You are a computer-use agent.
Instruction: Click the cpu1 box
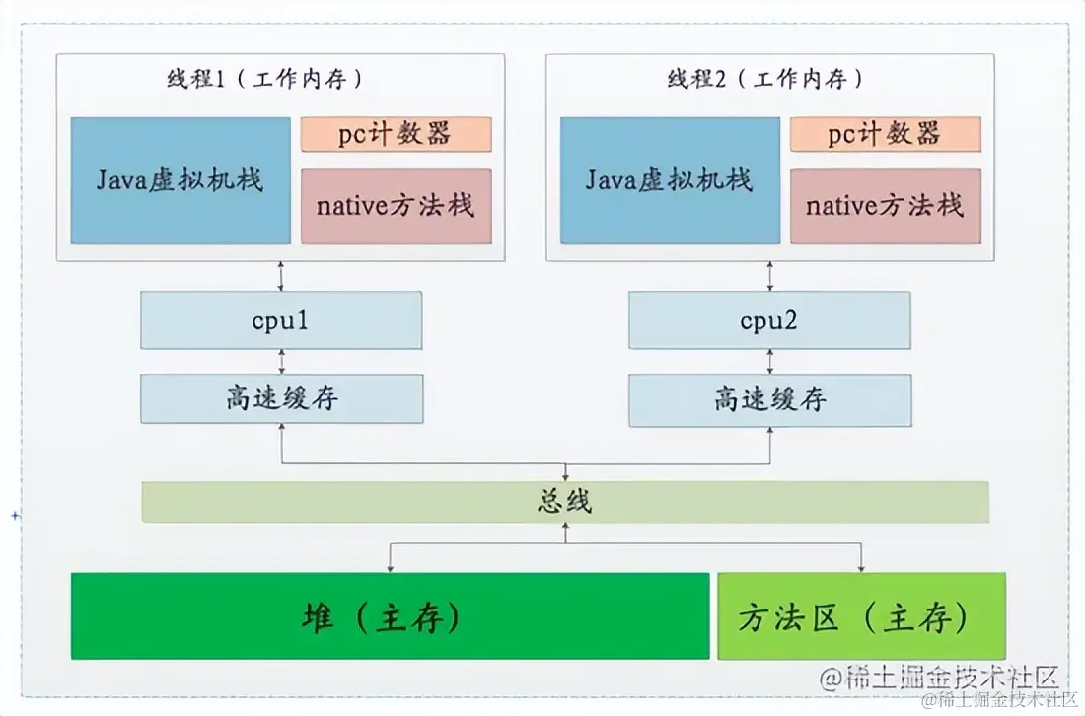click(x=281, y=320)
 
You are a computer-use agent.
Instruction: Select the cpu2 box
click(x=769, y=320)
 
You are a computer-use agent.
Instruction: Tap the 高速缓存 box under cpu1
click(x=281, y=398)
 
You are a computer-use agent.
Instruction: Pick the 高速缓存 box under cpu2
click(x=769, y=399)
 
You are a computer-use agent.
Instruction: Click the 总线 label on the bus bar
click(x=565, y=502)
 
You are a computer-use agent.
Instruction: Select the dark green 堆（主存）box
click(x=390, y=616)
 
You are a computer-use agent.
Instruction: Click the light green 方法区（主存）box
click(x=861, y=616)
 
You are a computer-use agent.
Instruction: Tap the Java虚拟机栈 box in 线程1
click(x=181, y=179)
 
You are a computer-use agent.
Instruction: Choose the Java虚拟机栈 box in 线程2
click(x=670, y=179)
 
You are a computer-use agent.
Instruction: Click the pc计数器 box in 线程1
click(x=396, y=134)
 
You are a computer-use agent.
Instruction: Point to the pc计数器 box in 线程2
click(x=885, y=134)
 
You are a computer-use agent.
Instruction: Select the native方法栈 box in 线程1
click(x=396, y=205)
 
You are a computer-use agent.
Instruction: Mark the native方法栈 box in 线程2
click(x=885, y=205)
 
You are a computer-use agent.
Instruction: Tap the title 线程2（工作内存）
click(x=764, y=80)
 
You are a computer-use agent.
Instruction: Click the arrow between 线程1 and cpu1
click(x=281, y=276)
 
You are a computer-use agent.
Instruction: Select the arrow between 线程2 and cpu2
click(x=769, y=276)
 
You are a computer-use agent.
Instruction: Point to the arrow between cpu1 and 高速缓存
click(x=281, y=361)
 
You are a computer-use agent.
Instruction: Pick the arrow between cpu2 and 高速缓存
click(x=769, y=361)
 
